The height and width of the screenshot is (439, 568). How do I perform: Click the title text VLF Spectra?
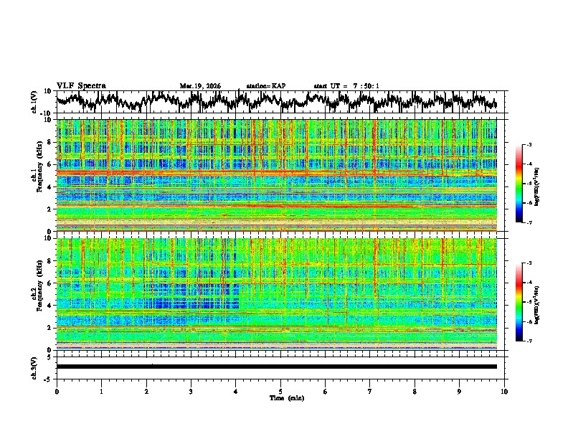[x=81, y=85]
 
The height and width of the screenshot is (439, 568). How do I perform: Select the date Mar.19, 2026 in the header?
[x=200, y=86]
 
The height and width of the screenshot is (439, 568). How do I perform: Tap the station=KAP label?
[x=265, y=86]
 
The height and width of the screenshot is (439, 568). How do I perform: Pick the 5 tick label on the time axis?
[x=280, y=391]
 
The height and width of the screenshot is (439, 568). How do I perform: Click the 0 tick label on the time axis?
[x=57, y=391]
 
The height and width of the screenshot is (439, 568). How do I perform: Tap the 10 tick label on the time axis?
[x=504, y=391]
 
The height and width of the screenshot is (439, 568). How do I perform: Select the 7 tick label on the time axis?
[x=370, y=391]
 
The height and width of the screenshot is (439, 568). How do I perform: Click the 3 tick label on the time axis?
[x=191, y=391]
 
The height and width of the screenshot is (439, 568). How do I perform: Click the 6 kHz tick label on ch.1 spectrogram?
[x=49, y=164]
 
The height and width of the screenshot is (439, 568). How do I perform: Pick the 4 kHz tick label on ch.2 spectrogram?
[x=49, y=306]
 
